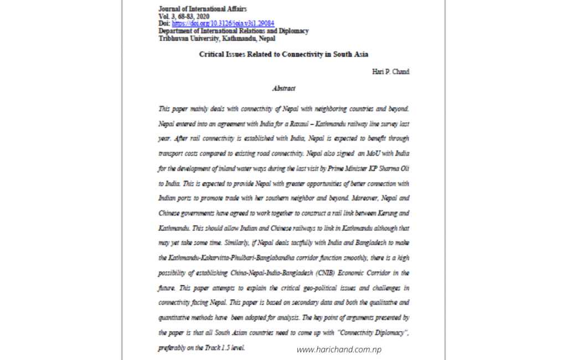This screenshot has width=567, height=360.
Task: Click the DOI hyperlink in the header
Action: pos(223,24)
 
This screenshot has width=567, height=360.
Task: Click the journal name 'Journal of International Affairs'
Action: pos(202,9)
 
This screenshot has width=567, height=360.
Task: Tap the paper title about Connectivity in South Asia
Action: pos(283,54)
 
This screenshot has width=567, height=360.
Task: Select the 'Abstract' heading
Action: pos(283,88)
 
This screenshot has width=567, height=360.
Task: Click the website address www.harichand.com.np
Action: pos(339,349)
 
